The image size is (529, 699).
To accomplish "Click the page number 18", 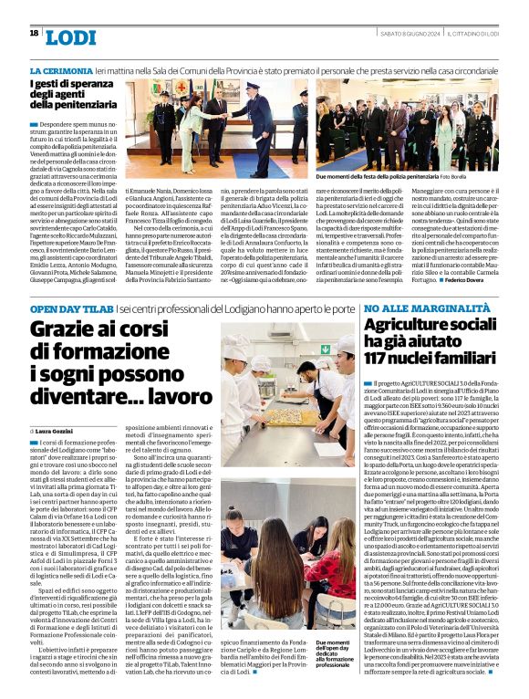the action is pyautogui.click(x=34, y=33).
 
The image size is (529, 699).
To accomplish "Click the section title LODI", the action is pyautogui.click(x=70, y=37).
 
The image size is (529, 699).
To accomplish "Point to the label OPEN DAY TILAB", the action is pyautogui.click(x=72, y=310).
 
